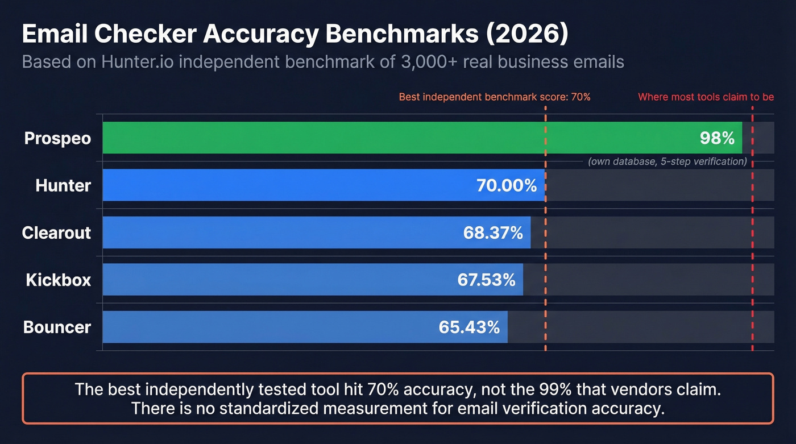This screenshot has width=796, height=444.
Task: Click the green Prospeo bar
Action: click(398, 138)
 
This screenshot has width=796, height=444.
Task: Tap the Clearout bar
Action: click(284, 232)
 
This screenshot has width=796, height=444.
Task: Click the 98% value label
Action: click(717, 138)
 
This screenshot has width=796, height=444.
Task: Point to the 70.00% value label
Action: click(506, 185)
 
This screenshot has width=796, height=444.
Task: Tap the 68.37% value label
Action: click(493, 233)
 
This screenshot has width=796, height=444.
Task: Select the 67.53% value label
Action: click(486, 280)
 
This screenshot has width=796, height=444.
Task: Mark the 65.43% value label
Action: click(469, 327)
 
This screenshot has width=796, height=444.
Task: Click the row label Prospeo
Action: click(57, 138)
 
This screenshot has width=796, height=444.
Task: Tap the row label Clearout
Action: click(56, 233)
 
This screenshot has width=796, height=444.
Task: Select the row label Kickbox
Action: click(58, 280)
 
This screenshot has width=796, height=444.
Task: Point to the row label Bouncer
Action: click(57, 327)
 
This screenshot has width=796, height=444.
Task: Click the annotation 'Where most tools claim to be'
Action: click(706, 97)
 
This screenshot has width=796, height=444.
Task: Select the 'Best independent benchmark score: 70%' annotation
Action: click(495, 97)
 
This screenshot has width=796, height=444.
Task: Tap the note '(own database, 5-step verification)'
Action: click(667, 161)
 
